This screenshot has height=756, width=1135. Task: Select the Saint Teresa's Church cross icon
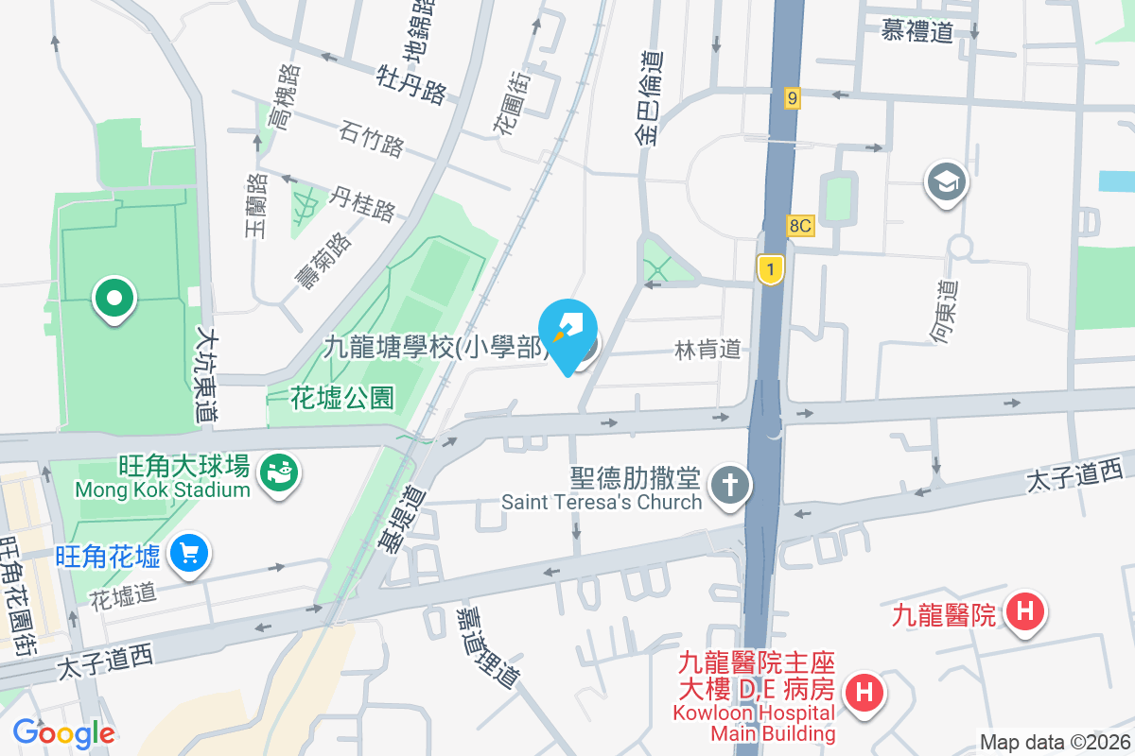[x=730, y=486]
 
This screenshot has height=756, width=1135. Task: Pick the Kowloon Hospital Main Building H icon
[x=863, y=693]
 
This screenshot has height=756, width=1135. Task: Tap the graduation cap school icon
[x=947, y=180]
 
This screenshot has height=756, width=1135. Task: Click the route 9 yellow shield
[x=792, y=97]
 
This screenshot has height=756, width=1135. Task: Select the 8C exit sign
[x=800, y=226]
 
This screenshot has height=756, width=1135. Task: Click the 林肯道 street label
[x=707, y=350]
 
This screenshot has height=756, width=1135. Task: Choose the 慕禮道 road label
[x=917, y=32]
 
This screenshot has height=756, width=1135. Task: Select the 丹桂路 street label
[x=361, y=202]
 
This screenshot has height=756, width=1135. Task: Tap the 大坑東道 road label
[x=207, y=374]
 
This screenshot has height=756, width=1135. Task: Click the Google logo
[x=63, y=733]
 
